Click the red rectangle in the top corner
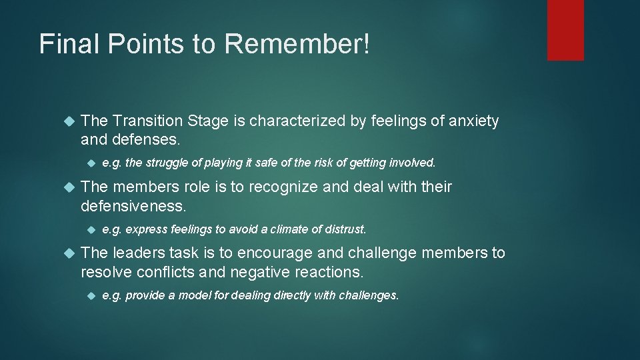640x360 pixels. [x=565, y=30]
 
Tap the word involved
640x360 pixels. [x=413, y=162]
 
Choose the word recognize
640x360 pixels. [x=281, y=187]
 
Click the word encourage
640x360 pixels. [x=288, y=253]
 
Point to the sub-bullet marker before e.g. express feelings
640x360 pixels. [x=91, y=229]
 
